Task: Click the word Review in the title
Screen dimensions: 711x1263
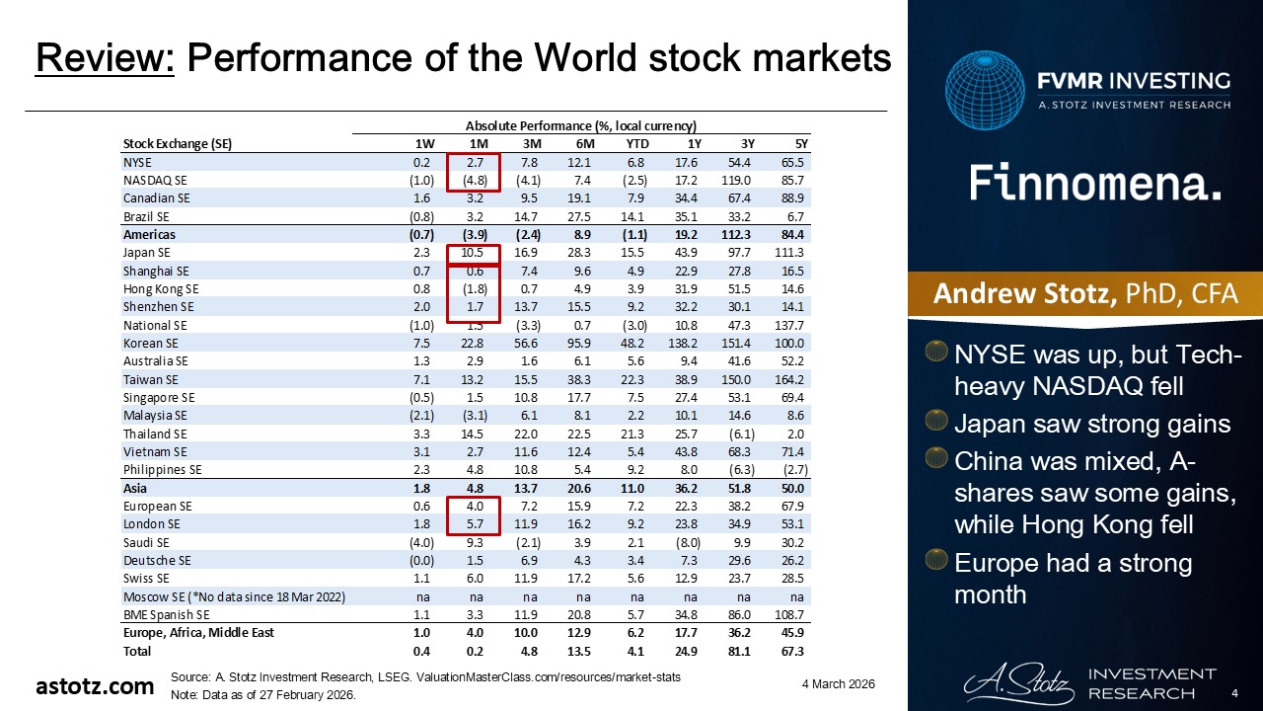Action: pos(105,60)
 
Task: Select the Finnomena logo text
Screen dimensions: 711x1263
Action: pos(1095,184)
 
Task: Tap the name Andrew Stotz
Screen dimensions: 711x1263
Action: pos(1016,294)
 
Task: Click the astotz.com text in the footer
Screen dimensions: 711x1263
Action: pos(95,685)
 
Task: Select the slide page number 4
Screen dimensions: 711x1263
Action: pos(1235,694)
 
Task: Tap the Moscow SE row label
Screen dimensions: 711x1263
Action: pos(233,595)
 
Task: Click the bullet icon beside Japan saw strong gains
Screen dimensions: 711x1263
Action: pos(936,424)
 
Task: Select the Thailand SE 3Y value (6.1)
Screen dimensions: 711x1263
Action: pos(735,434)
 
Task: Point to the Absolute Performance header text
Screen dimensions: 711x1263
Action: pos(580,125)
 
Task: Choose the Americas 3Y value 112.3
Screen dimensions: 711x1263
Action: pos(735,235)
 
